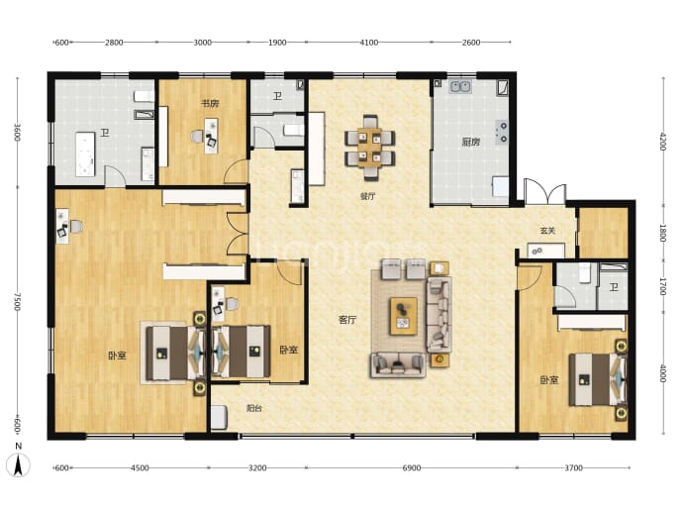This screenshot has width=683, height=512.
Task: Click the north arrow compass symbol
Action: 18,464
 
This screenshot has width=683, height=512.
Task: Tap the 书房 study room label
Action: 210,103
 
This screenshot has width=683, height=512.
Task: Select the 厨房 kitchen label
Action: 471,142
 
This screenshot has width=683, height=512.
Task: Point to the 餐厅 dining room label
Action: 367,196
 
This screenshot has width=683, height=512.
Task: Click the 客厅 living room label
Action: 347,320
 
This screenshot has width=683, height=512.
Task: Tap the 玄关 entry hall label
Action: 547,231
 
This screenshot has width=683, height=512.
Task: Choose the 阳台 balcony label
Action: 254,408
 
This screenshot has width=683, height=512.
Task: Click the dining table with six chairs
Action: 370,148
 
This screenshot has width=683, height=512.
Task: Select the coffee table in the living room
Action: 403,316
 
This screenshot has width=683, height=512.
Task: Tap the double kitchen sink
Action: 460,87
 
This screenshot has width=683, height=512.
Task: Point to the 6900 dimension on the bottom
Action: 411,468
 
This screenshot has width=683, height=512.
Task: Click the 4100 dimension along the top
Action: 369,43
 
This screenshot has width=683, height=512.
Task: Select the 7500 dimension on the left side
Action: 18,301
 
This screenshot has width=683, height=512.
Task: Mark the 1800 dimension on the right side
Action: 663,233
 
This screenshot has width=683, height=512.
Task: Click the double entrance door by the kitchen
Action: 545,192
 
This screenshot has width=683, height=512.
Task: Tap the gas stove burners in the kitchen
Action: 502,133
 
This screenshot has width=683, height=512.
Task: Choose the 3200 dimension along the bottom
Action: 257,468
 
